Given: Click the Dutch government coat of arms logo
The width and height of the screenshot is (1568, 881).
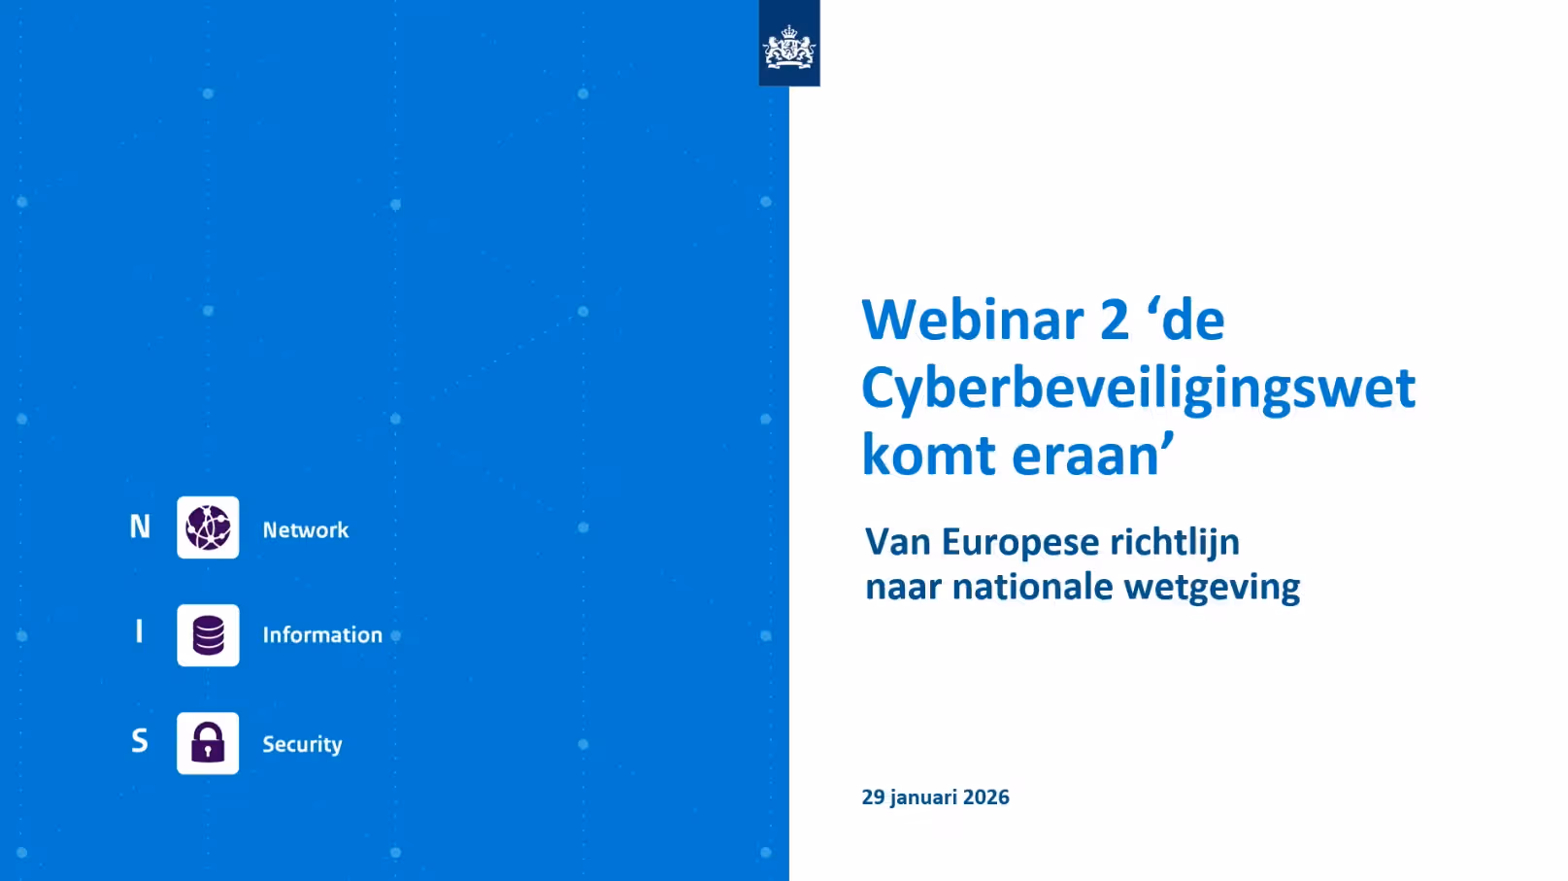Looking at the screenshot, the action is pyautogui.click(x=789, y=47).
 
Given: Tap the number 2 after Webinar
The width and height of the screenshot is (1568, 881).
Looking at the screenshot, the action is pyautogui.click(x=1115, y=320).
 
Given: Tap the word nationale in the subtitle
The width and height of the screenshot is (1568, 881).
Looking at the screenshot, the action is pyautogui.click(x=1032, y=587).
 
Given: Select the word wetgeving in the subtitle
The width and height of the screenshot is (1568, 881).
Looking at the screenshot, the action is pyautogui.click(x=1212, y=589).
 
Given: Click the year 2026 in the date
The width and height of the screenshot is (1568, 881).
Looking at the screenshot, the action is pyautogui.click(x=985, y=797).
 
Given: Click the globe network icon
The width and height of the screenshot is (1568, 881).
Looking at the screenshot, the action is pyautogui.click(x=208, y=527).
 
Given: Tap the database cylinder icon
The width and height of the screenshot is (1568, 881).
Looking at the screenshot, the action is pyautogui.click(x=208, y=635).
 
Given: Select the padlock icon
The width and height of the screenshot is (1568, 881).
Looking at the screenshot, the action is pyautogui.click(x=208, y=743).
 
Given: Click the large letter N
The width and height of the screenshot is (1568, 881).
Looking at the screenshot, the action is pyautogui.click(x=140, y=526).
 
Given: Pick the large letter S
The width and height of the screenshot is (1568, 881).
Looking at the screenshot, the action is pyautogui.click(x=140, y=740).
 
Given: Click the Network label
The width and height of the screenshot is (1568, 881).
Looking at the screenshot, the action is pyautogui.click(x=305, y=530).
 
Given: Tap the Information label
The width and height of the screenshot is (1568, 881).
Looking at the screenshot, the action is pyautogui.click(x=322, y=635).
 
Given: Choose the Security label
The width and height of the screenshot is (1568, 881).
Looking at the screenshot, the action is pyautogui.click(x=302, y=744).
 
